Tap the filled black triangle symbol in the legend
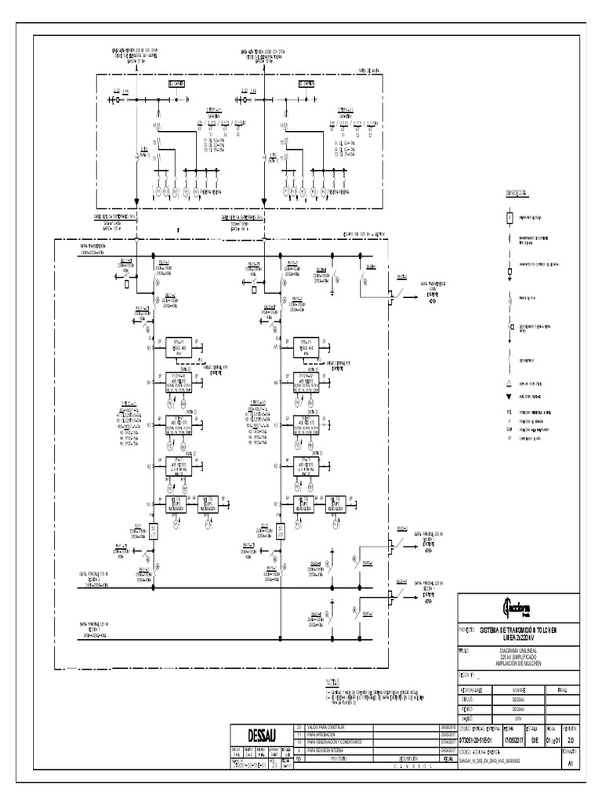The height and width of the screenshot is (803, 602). click(509, 397)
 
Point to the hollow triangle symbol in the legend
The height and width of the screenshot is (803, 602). click(509, 383)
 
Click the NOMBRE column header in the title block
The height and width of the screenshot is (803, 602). click(518, 690)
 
